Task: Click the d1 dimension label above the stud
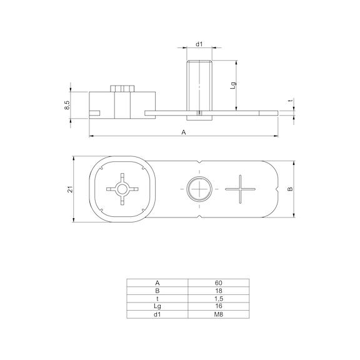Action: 199,44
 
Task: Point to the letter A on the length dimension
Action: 184,132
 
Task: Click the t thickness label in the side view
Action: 289,101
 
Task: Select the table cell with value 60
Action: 218,282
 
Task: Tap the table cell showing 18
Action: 218,290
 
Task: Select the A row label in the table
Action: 157,282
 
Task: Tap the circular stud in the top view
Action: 199,187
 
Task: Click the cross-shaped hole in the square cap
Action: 121,187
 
